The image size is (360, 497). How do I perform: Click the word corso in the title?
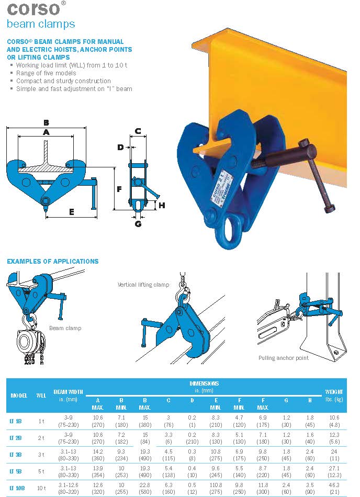(32, 8)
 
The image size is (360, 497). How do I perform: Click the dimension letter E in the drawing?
(72, 212)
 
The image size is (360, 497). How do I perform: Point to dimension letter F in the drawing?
(119, 189)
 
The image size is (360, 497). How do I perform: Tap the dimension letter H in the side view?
(162, 206)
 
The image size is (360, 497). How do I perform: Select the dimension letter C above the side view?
(138, 131)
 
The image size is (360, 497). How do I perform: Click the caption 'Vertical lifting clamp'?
(143, 285)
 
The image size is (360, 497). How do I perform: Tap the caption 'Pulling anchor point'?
(283, 358)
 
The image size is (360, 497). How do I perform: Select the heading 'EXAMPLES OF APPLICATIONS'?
(52, 261)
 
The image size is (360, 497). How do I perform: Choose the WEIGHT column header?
(334, 395)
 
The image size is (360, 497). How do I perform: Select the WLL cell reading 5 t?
(42, 471)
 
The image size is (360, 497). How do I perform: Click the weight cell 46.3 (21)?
(334, 488)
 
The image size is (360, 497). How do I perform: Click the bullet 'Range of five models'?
(46, 73)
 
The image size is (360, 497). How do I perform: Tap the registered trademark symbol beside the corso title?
(64, 3)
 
